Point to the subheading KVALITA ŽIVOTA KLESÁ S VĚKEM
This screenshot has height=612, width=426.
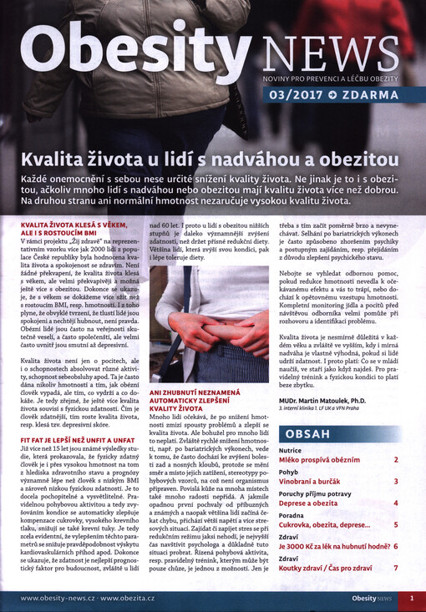pyautogui.click(x=74, y=225)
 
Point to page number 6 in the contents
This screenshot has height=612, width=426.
pyautogui.click(x=395, y=547)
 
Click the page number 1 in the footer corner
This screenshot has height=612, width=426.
pyautogui.click(x=412, y=598)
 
